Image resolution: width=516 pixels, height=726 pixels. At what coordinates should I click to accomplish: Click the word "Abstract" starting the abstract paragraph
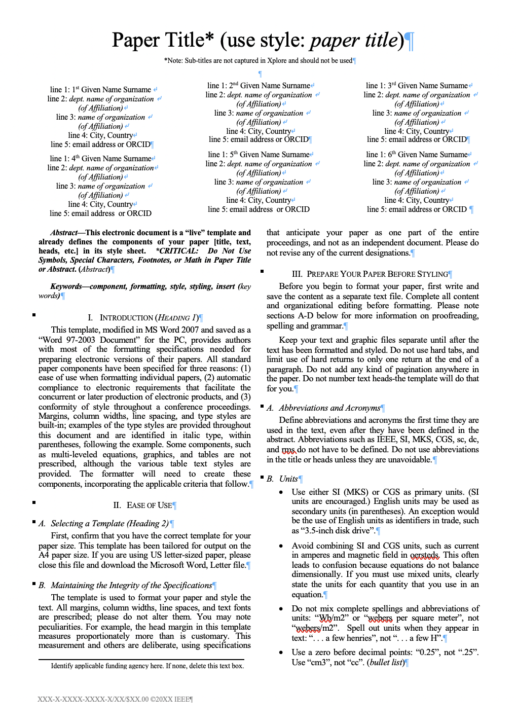point(64,233)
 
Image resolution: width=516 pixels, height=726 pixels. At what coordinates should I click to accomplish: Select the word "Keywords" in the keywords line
point(66,286)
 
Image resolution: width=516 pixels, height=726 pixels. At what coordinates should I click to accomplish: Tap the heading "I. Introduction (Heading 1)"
point(145,318)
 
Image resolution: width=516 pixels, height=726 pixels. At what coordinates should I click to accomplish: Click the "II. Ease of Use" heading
point(143,505)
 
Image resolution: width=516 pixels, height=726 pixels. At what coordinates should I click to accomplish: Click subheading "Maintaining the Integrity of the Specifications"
point(131,586)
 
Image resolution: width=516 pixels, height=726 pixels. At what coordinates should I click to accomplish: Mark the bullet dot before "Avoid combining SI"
point(281,546)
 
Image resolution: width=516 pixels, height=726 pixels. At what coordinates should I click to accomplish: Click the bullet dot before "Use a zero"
point(281,652)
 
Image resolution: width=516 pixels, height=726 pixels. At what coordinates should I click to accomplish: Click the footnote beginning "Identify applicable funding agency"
point(147,666)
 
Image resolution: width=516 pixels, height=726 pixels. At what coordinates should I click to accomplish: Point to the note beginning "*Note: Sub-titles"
point(258,61)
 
